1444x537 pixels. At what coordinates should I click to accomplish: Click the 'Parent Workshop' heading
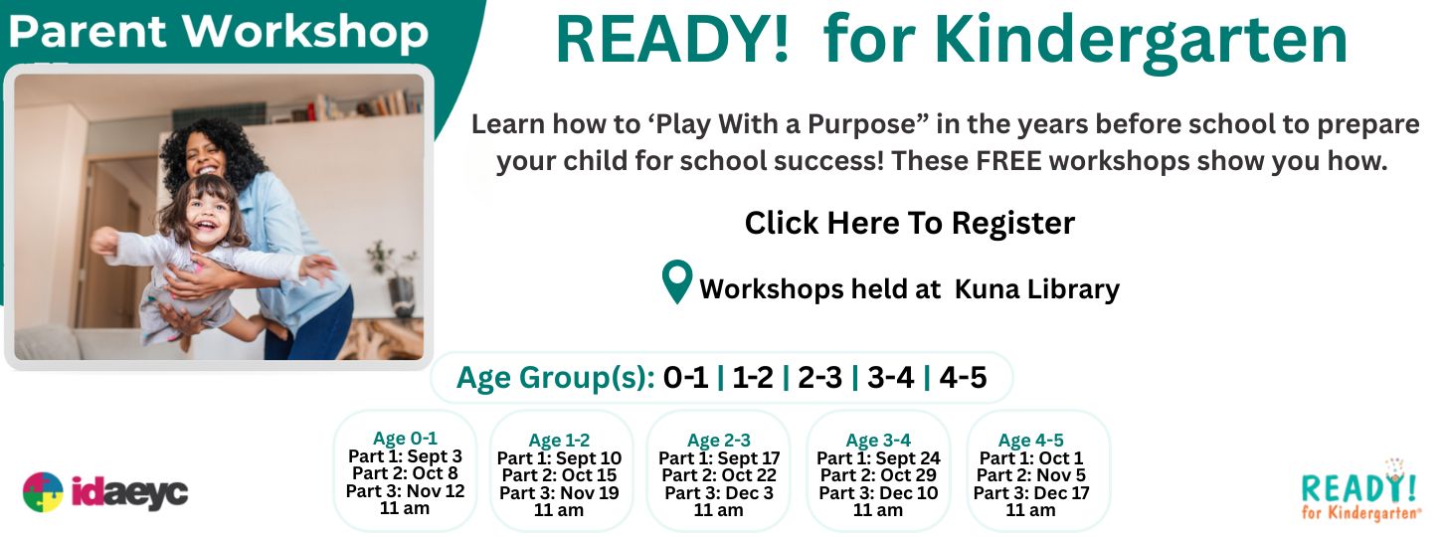pos(218,32)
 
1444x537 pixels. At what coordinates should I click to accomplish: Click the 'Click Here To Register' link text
pos(910,223)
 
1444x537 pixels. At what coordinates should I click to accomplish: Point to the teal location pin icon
pos(677,281)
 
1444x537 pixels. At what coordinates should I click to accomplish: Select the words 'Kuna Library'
pos(1036,289)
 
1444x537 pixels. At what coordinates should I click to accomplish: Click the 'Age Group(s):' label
pos(556,378)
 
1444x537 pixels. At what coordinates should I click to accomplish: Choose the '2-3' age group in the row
pos(820,377)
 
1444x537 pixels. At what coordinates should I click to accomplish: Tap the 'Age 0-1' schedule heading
pos(405,439)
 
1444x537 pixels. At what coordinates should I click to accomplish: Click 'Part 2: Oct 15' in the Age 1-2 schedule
pos(559,475)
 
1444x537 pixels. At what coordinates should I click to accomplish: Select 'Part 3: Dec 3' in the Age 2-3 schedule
pos(719,493)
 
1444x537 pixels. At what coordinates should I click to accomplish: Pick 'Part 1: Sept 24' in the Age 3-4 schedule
pos(878,458)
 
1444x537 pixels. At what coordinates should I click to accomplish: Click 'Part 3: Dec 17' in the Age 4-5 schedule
pos(1030,493)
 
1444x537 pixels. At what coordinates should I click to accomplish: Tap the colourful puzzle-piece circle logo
pos(43,492)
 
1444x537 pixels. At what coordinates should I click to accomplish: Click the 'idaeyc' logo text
pos(129,493)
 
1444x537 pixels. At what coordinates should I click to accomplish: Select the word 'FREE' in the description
pos(1008,161)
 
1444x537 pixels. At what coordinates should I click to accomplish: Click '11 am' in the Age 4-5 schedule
pos(1030,510)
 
